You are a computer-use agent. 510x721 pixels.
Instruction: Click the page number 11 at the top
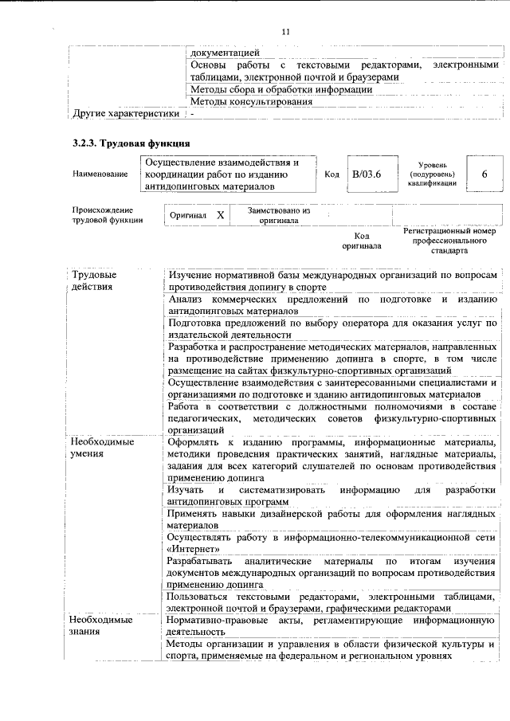tap(286, 31)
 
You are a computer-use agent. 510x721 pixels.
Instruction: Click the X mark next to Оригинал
tap(221, 215)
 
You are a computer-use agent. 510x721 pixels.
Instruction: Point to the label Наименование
tap(99, 174)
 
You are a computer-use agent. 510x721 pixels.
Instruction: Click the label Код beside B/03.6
tap(332, 174)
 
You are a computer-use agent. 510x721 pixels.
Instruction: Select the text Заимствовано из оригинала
tap(278, 215)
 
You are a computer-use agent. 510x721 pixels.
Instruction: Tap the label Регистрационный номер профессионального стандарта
tap(444, 239)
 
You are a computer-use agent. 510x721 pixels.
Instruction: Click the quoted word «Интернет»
tap(192, 550)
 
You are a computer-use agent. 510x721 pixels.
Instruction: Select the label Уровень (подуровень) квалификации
tap(433, 174)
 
